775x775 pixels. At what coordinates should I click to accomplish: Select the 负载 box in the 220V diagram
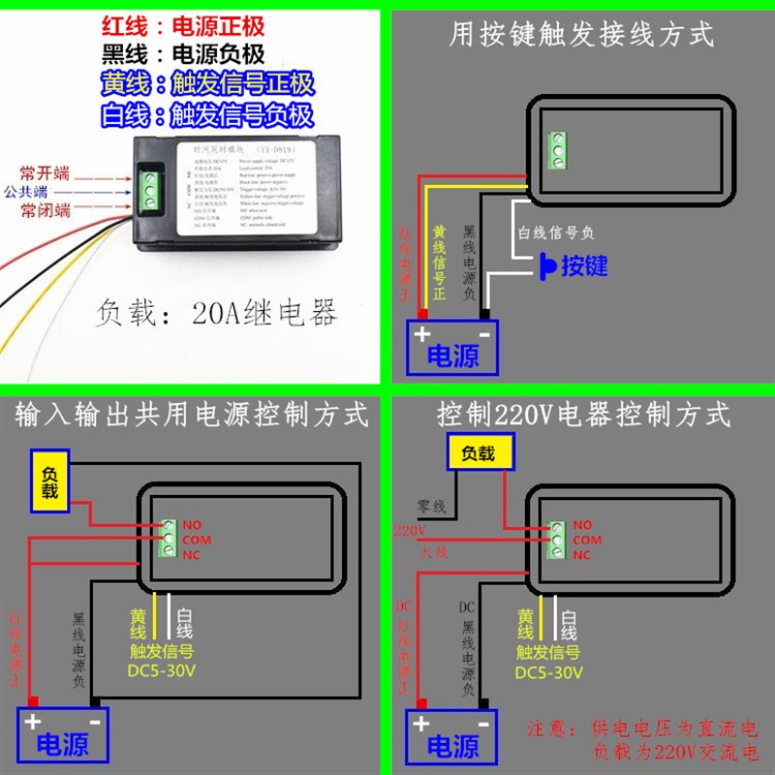tap(478, 452)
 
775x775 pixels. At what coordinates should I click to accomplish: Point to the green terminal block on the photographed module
tap(151, 191)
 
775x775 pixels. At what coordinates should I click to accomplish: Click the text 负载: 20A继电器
tap(217, 313)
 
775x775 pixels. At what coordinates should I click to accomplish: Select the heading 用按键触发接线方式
tap(581, 35)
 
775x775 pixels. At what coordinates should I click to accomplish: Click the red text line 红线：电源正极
tap(183, 25)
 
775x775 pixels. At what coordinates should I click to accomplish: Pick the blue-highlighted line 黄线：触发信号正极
tap(207, 83)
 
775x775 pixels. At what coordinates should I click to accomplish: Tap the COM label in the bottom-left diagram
tap(196, 539)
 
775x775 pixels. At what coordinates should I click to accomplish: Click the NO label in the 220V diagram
tap(581, 523)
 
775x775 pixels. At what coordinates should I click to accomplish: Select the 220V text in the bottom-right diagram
tap(408, 531)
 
